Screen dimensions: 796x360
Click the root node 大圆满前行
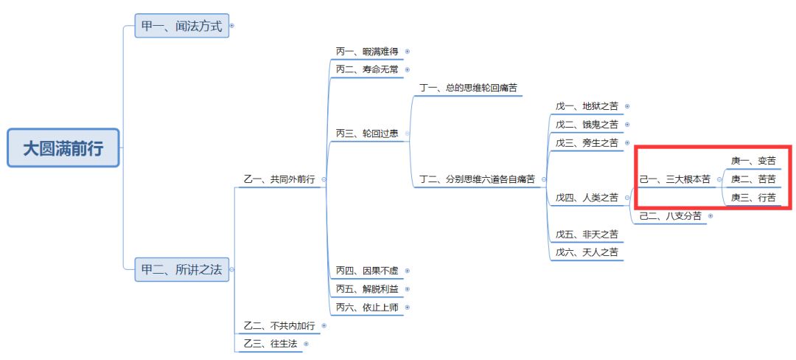(63, 148)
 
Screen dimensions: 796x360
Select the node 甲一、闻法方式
(181, 27)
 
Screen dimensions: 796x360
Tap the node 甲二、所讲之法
(181, 269)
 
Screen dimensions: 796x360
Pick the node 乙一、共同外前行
(279, 179)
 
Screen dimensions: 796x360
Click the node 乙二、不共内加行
(279, 325)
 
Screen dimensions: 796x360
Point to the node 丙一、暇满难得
(367, 52)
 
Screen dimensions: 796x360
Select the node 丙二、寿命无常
(367, 69)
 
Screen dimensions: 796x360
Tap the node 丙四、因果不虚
(367, 271)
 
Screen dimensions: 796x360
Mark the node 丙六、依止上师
(367, 307)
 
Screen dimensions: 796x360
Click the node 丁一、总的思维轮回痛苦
(469, 88)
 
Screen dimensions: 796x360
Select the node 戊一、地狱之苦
(587, 106)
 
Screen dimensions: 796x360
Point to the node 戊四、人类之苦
(587, 197)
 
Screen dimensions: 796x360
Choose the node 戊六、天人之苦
(587, 252)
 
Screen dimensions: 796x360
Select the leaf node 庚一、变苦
(753, 161)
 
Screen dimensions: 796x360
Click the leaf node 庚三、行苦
(753, 197)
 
